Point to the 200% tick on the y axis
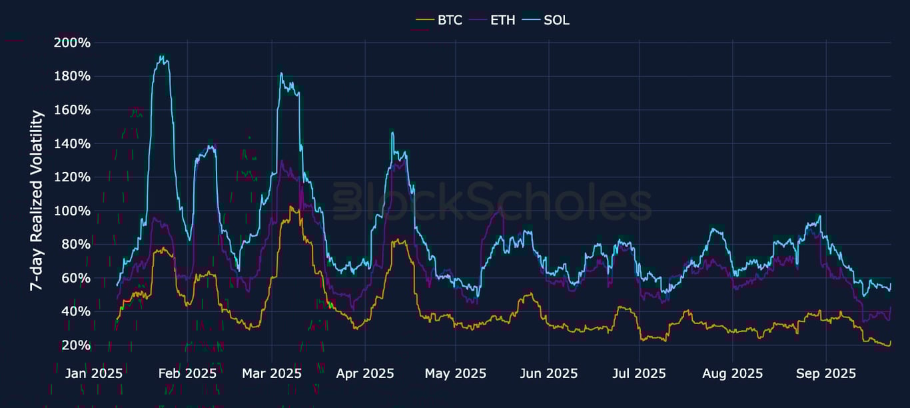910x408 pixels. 71,43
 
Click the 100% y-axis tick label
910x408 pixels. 71,211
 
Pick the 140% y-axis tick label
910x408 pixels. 71,143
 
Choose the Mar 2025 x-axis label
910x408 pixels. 271,373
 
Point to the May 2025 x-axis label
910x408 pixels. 456,373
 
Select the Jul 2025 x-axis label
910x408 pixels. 639,373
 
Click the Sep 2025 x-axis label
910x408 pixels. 825,373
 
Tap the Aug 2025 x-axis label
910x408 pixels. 732,373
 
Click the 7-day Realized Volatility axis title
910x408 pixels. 37,200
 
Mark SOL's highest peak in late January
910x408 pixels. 161,56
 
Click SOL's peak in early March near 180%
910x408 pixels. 282,73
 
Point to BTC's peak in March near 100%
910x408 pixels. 290,207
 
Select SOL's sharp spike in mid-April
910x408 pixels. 392,132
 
